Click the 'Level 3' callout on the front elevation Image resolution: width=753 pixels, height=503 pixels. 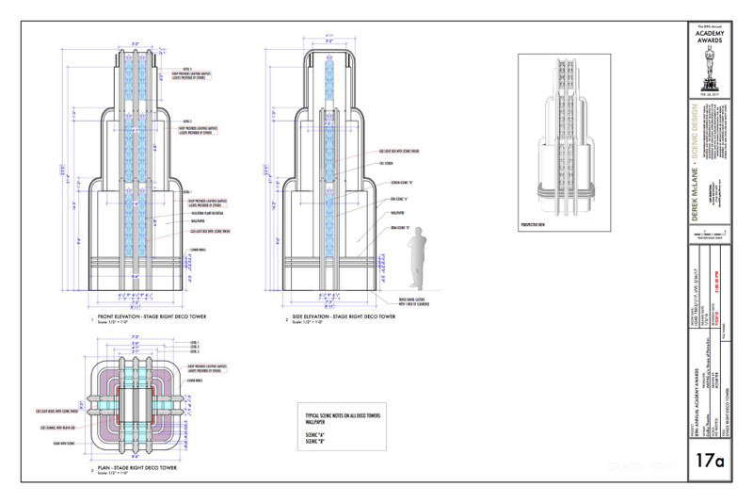pos(187,70)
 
